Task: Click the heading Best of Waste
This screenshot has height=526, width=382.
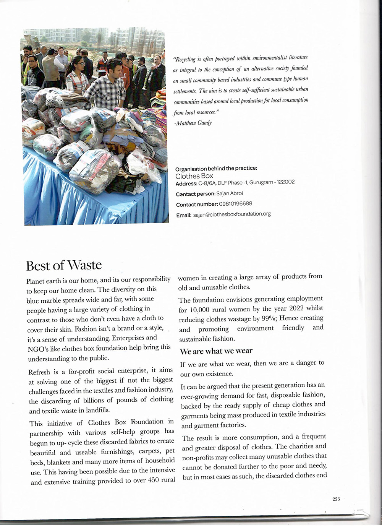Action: point(64,265)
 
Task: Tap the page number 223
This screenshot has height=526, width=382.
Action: point(336,499)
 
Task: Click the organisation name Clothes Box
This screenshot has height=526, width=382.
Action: point(194,176)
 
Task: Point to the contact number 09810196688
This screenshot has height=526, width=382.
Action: point(235,204)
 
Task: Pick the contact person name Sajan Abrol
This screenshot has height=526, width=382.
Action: point(229,193)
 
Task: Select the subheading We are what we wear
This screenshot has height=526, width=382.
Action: point(216,351)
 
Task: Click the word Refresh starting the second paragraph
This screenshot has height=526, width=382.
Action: point(39,372)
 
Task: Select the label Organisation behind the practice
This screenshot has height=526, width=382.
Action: point(216,169)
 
